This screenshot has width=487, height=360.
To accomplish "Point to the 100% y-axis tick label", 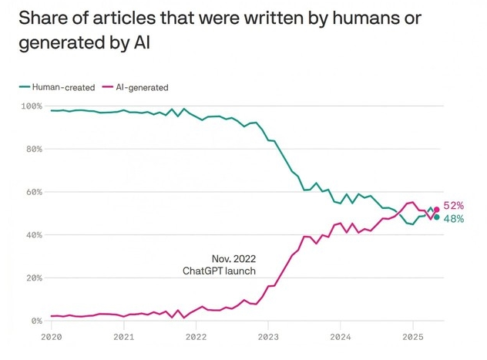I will click(32, 106).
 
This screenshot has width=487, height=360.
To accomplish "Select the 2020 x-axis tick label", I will click(51, 337).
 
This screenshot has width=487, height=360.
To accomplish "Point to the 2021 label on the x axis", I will click(123, 337).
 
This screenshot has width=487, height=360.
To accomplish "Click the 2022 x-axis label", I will click(196, 337).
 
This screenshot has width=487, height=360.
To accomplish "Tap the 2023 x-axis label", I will click(268, 337).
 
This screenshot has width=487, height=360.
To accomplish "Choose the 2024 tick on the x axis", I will click(341, 337).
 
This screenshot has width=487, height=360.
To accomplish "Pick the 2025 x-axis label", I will click(412, 337).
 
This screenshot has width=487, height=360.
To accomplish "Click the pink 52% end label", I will click(454, 207).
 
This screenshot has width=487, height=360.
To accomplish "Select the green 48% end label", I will click(454, 219).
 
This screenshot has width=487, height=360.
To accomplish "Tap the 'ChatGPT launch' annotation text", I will click(219, 271).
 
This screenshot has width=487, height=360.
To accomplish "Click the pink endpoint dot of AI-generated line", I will click(437, 209).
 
